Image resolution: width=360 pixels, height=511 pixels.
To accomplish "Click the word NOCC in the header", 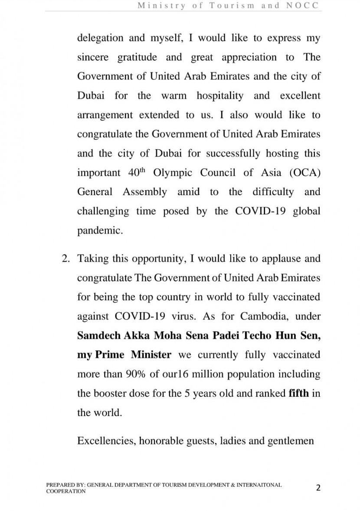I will [305, 6].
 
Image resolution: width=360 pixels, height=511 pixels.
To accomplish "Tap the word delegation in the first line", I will [100, 38].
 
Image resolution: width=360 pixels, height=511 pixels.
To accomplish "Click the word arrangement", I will [105, 115].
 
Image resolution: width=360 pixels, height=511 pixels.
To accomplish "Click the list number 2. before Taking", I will [66, 259].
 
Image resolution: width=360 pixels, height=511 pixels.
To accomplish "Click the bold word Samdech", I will [97, 336].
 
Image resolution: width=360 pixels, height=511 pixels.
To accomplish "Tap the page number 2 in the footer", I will [318, 488].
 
